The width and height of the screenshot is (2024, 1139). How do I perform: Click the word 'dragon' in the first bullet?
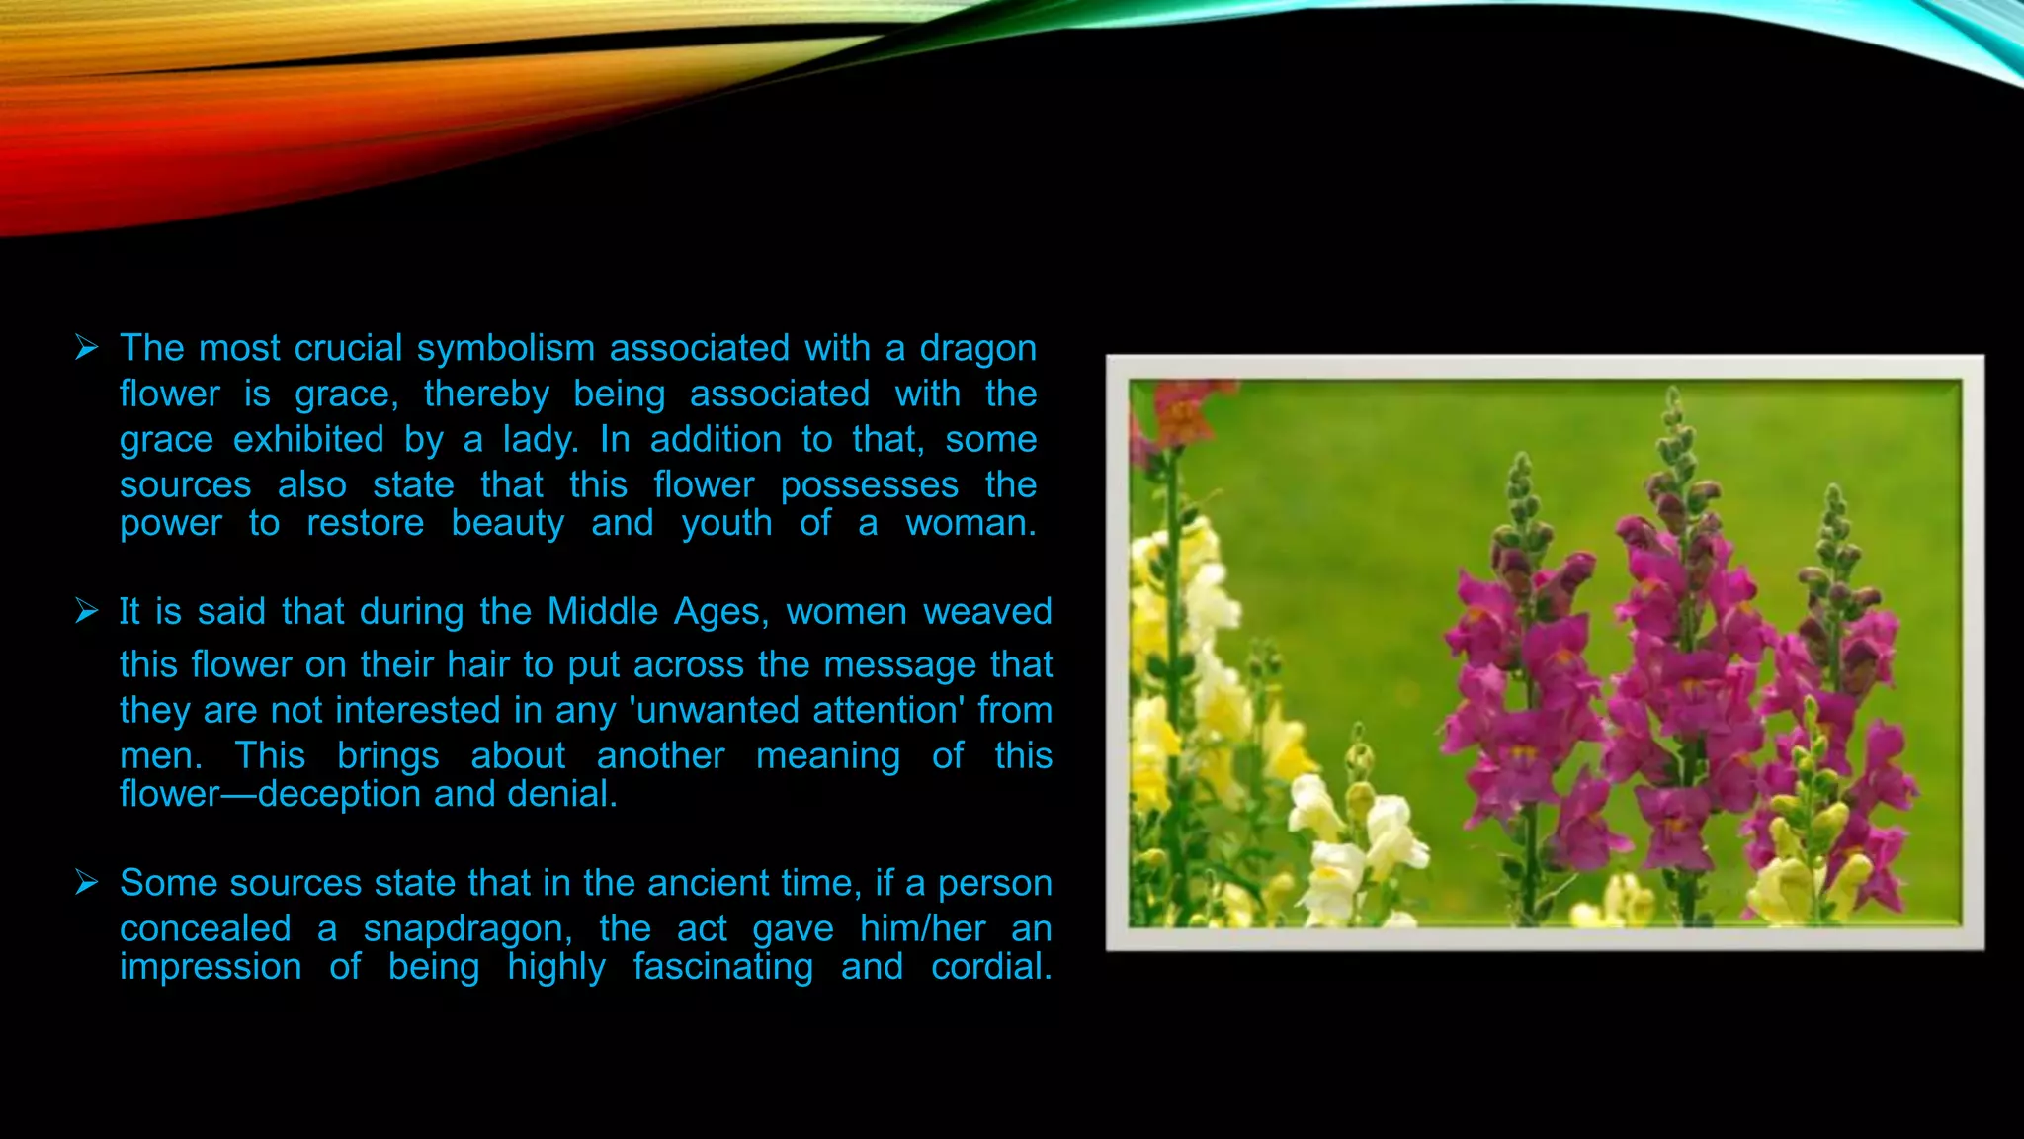(977, 349)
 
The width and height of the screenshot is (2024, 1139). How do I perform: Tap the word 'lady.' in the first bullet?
(541, 439)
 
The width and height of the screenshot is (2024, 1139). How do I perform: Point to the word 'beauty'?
(508, 523)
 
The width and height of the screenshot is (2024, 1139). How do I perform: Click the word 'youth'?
(726, 523)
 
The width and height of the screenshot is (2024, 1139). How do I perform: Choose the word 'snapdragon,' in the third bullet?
(467, 928)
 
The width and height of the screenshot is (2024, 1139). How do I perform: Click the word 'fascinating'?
(723, 967)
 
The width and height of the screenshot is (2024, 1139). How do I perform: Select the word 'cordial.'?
(991, 967)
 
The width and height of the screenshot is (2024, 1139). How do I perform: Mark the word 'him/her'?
(923, 928)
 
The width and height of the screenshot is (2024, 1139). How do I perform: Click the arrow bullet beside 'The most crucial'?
(87, 348)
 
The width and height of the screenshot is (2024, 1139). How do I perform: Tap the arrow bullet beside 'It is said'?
(87, 612)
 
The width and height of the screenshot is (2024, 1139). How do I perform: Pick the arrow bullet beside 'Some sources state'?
(87, 883)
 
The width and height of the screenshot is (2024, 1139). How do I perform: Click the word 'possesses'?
(870, 484)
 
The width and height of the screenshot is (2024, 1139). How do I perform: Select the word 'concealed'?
(206, 928)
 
